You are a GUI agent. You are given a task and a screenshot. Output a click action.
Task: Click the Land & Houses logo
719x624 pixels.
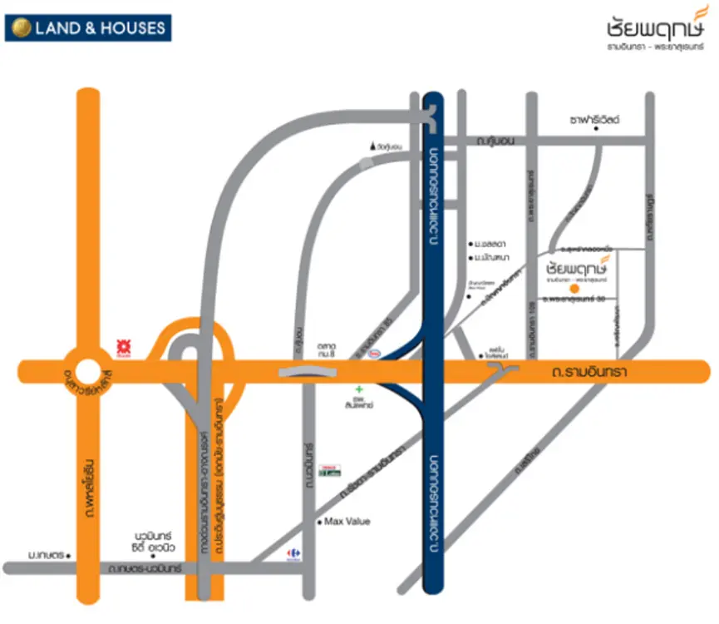87,27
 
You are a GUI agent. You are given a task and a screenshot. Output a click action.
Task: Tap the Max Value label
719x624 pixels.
347,522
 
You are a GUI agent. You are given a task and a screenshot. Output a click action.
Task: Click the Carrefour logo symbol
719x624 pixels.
293,552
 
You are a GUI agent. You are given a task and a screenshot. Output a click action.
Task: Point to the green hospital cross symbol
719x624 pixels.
359,389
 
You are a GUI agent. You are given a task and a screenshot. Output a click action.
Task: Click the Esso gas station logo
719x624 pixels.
376,353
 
